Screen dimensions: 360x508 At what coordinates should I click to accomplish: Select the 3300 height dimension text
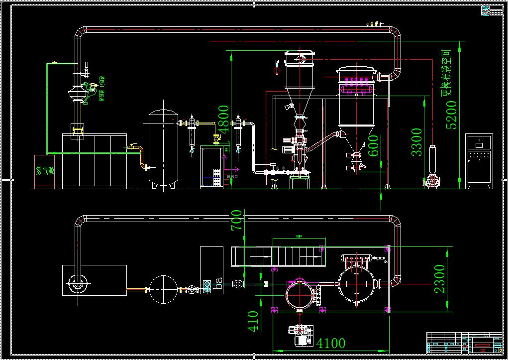click(416, 142)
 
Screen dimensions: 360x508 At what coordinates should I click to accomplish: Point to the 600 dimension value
click(374, 145)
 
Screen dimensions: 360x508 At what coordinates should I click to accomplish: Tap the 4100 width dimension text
click(331, 343)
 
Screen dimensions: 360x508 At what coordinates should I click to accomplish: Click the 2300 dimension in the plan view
click(440, 278)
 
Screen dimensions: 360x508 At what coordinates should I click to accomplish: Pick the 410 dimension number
click(253, 321)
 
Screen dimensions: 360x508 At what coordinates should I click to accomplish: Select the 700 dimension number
click(237, 221)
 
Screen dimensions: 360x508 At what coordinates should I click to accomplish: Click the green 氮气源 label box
click(44, 171)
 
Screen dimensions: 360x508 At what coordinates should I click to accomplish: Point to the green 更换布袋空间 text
click(447, 72)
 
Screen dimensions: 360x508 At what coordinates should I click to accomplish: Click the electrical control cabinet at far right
click(479, 161)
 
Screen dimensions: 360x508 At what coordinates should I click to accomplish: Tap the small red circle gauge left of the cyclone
click(277, 71)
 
